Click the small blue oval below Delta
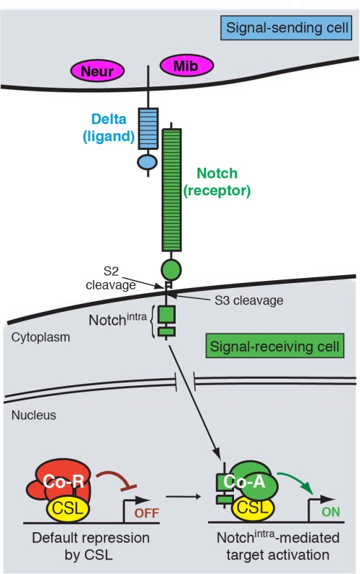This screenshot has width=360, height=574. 147,162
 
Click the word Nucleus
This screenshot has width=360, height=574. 33,416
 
